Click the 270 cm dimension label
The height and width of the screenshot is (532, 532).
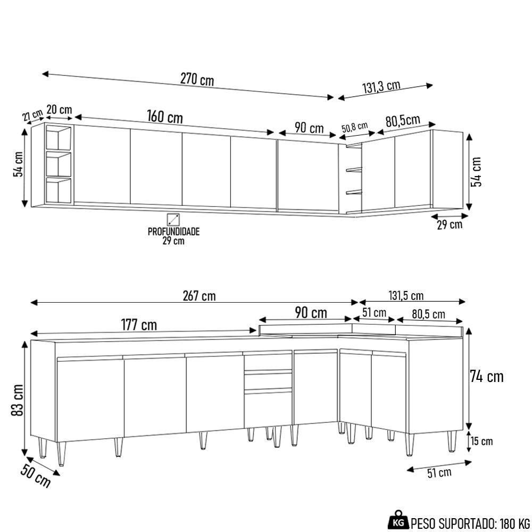pyautogui.click(x=197, y=80)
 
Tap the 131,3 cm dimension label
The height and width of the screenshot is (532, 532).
pyautogui.click(x=382, y=87)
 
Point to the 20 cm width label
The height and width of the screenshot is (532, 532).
pyautogui.click(x=59, y=110)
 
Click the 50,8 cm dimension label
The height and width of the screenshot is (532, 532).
pyautogui.click(x=354, y=127)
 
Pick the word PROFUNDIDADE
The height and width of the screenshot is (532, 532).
pyautogui.click(x=173, y=232)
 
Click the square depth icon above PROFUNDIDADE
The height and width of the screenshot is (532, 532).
pyautogui.click(x=173, y=219)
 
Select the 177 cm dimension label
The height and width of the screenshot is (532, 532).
pyautogui.click(x=138, y=324)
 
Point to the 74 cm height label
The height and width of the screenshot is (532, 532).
pyautogui.click(x=486, y=377)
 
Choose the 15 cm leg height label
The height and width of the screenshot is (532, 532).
pyautogui.click(x=482, y=441)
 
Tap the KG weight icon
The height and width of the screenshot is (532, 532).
pyautogui.click(x=398, y=520)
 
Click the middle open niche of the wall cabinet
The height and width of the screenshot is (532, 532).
pyautogui.click(x=59, y=164)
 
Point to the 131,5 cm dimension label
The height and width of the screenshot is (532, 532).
pyautogui.click(x=406, y=296)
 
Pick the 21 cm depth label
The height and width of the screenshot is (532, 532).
pyautogui.click(x=32, y=115)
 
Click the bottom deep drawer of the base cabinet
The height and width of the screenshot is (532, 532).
pyautogui.click(x=268, y=409)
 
